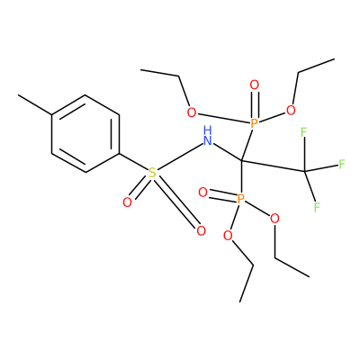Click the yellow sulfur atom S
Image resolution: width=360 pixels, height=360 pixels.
[x=152, y=173]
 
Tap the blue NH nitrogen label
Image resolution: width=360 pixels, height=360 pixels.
[x=207, y=136]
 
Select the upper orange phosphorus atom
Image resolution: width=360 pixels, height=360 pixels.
[x=254, y=123]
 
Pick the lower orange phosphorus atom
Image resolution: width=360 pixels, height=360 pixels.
[x=241, y=199]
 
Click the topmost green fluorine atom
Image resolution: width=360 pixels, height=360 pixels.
[x=303, y=132]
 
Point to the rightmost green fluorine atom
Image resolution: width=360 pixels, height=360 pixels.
[x=342, y=164]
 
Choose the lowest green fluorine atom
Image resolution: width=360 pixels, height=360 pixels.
[x=317, y=207]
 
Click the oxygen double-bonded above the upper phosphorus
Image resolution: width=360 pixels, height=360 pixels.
[x=254, y=85]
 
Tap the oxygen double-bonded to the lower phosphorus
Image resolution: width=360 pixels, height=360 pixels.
[x=203, y=193]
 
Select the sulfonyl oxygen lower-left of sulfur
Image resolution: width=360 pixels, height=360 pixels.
[x=127, y=202]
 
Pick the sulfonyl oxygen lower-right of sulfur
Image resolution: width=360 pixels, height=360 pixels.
[x=201, y=231]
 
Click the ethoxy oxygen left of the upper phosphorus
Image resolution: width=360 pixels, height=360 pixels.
[x=192, y=112]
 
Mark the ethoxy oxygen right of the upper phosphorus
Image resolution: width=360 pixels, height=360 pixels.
[x=291, y=110]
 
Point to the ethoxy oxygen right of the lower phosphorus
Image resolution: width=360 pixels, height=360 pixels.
[x=274, y=219]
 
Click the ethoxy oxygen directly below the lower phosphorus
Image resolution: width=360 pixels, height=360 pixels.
[x=228, y=236]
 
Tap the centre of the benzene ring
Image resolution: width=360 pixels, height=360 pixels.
[x=85, y=134]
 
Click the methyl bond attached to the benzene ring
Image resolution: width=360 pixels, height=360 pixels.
[x=35, y=104]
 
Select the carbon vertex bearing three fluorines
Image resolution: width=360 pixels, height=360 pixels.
[x=305, y=171]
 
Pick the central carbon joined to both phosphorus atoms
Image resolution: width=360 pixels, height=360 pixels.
[x=241, y=161]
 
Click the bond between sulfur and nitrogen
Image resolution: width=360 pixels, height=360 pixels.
[x=180, y=157]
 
